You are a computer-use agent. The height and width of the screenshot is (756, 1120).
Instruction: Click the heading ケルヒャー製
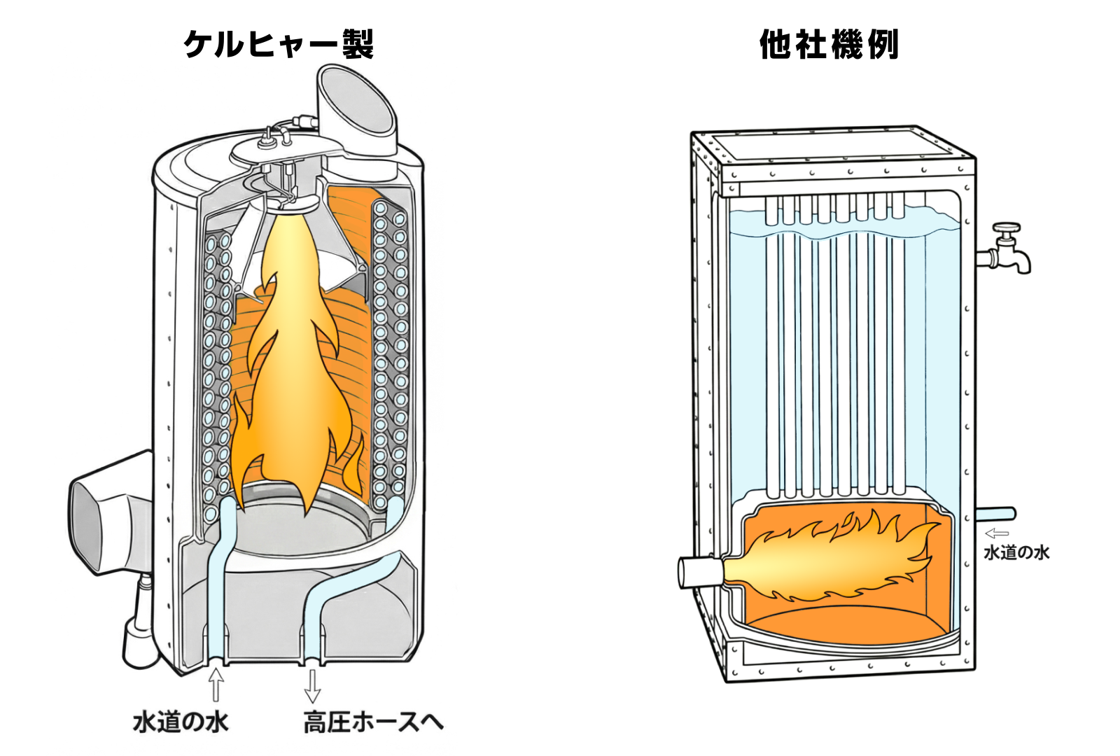point(279,45)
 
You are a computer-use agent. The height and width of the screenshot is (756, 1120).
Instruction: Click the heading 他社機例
point(829,45)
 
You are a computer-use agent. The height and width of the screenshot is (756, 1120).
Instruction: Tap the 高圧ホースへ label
point(373,722)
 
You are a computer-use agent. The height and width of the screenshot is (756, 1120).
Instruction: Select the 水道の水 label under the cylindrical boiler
point(181,722)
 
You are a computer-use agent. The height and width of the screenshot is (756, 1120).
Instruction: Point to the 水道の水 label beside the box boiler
point(1016,553)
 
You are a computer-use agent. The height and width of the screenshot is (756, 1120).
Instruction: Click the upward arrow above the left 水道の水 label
point(216,685)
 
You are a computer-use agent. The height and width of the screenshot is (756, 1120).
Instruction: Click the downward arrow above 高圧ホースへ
point(312,686)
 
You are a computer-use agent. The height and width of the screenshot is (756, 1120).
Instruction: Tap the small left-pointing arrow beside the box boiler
point(996,533)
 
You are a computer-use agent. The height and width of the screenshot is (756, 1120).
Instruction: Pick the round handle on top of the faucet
point(1008,227)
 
